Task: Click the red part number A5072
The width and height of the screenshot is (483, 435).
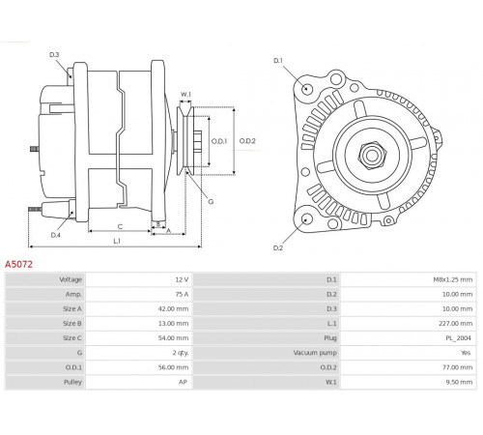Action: (18, 264)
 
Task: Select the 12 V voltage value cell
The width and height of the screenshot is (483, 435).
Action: (182, 279)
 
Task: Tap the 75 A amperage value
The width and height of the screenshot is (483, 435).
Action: (182, 294)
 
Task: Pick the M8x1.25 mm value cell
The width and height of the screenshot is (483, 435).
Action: (452, 279)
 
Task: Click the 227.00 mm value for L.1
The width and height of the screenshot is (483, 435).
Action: (455, 323)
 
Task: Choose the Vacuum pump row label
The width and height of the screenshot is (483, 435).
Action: (315, 353)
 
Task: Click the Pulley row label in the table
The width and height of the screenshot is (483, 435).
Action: (72, 382)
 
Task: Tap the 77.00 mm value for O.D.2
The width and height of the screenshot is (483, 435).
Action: (457, 367)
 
